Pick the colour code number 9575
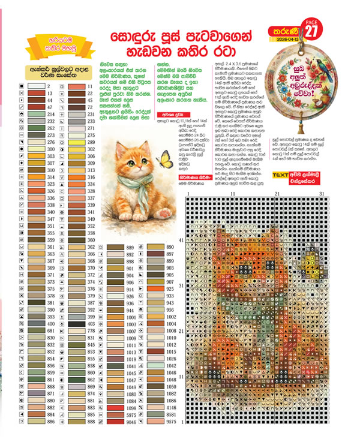click(x=171, y=422)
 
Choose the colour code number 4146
click(x=171, y=408)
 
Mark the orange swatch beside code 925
click(x=155, y=289)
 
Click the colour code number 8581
click(x=171, y=415)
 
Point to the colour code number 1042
click(x=171, y=365)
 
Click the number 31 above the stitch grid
click(x=322, y=194)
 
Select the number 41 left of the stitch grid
click(x=181, y=240)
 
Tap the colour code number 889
click(x=130, y=247)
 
